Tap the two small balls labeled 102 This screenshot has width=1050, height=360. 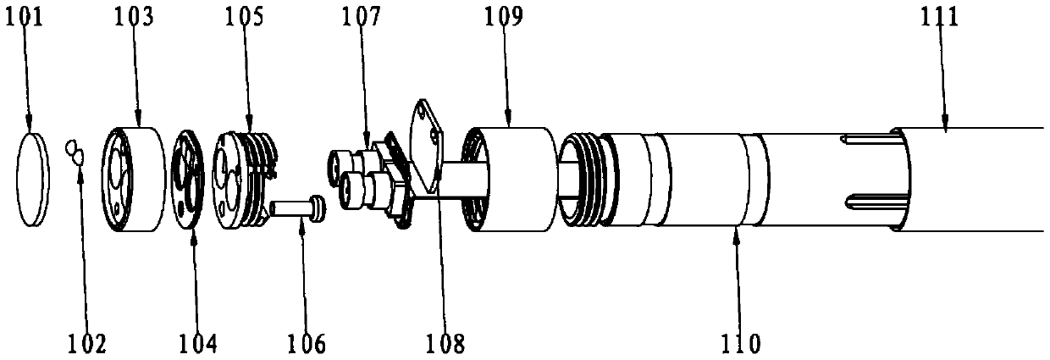75,152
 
